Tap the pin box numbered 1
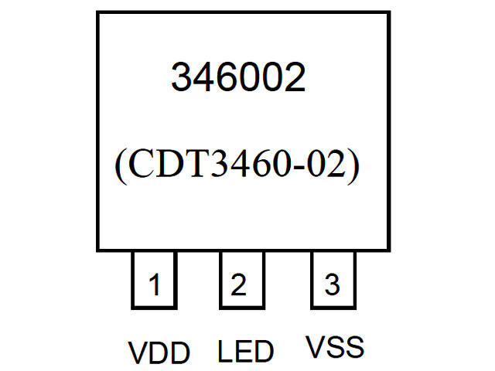(154, 284)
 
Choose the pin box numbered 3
(333, 284)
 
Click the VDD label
(159, 353)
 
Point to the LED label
(246, 352)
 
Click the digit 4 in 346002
(204, 77)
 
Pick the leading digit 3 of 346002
(182, 77)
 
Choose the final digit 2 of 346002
(294, 77)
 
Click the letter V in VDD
(137, 353)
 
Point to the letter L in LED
(225, 352)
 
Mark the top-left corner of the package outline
(97, 12)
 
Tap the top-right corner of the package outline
(388, 12)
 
